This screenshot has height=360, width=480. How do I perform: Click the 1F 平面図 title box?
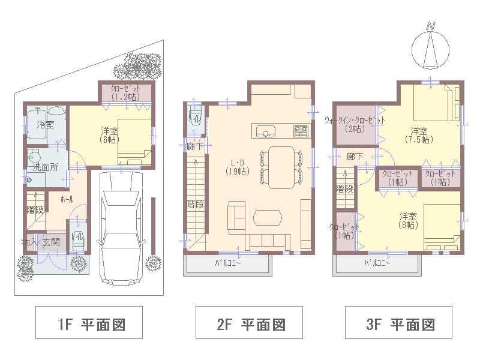pyautogui.click(x=89, y=325)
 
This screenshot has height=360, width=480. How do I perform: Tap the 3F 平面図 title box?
pyautogui.click(x=398, y=325)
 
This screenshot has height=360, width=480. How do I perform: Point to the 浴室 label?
pyautogui.click(x=45, y=125)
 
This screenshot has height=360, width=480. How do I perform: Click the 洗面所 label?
pyautogui.click(x=46, y=167)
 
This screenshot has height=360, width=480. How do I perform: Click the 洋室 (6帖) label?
pyautogui.click(x=108, y=135)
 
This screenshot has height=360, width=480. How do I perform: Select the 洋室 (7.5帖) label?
pyautogui.click(x=418, y=135)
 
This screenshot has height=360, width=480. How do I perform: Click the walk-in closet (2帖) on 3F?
pyautogui.click(x=355, y=124)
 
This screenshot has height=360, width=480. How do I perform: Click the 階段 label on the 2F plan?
pyautogui.click(x=195, y=205)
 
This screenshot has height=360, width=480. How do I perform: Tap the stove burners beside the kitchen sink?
pyautogui.click(x=301, y=131)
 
